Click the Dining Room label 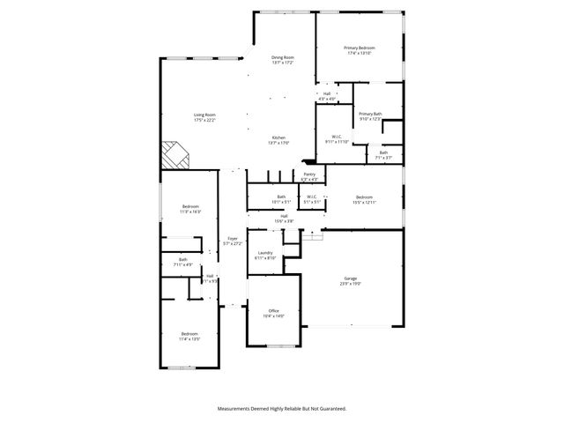point(283,60)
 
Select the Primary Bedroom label point(360,50)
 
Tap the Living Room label point(204,116)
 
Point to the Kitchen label point(278,139)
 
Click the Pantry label point(309,176)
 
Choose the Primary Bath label point(370,116)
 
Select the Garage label point(351,281)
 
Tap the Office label point(274,313)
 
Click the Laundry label point(265,256)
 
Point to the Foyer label point(233,240)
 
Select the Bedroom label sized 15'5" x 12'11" point(365,199)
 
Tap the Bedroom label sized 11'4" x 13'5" point(189,336)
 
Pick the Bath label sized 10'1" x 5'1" point(281,199)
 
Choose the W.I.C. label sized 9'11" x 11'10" point(338,138)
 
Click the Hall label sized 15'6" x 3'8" point(284,219)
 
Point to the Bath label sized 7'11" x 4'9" point(183,262)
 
